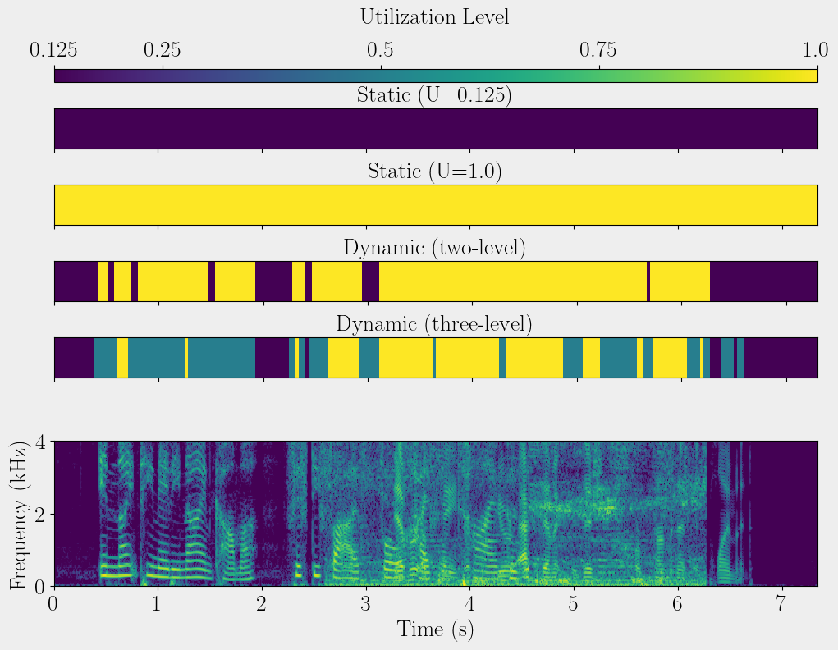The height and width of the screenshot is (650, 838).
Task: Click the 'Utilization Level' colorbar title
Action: point(435,17)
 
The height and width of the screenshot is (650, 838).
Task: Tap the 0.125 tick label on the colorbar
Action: point(54,51)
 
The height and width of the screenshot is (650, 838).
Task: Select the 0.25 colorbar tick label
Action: point(163,51)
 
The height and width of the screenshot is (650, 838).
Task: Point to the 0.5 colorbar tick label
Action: point(380,51)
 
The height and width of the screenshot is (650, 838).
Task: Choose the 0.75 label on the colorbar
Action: point(598,51)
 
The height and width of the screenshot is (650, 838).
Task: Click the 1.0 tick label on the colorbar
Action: point(815,51)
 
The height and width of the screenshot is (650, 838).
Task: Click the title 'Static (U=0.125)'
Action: point(435,95)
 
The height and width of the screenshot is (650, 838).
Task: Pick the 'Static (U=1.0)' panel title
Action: point(435,172)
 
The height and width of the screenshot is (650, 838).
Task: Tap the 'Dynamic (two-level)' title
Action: point(435,248)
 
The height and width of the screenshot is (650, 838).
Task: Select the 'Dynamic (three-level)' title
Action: point(435,324)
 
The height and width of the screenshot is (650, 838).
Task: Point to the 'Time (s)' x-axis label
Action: point(435,629)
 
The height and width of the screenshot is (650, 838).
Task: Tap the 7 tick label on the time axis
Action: point(781,605)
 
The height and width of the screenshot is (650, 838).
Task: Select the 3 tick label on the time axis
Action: point(366,605)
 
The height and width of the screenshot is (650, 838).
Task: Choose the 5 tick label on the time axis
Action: point(574,605)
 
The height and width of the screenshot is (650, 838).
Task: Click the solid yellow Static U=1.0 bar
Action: point(435,204)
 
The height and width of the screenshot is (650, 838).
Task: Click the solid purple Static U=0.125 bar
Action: point(435,129)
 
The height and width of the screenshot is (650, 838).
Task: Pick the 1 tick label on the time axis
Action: point(158,605)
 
